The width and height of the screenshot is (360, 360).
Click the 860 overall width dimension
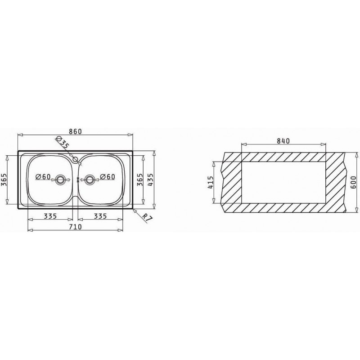[75, 131]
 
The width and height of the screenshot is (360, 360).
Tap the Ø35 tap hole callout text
[63, 142]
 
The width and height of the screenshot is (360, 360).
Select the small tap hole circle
[75, 159]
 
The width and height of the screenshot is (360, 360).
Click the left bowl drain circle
[61, 180]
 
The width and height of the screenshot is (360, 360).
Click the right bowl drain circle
[90, 180]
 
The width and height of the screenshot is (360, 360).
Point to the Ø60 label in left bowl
[43, 176]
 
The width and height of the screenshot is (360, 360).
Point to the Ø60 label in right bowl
[108, 176]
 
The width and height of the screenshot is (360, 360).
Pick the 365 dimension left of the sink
[4, 180]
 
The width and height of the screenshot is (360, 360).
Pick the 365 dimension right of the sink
[139, 180]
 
